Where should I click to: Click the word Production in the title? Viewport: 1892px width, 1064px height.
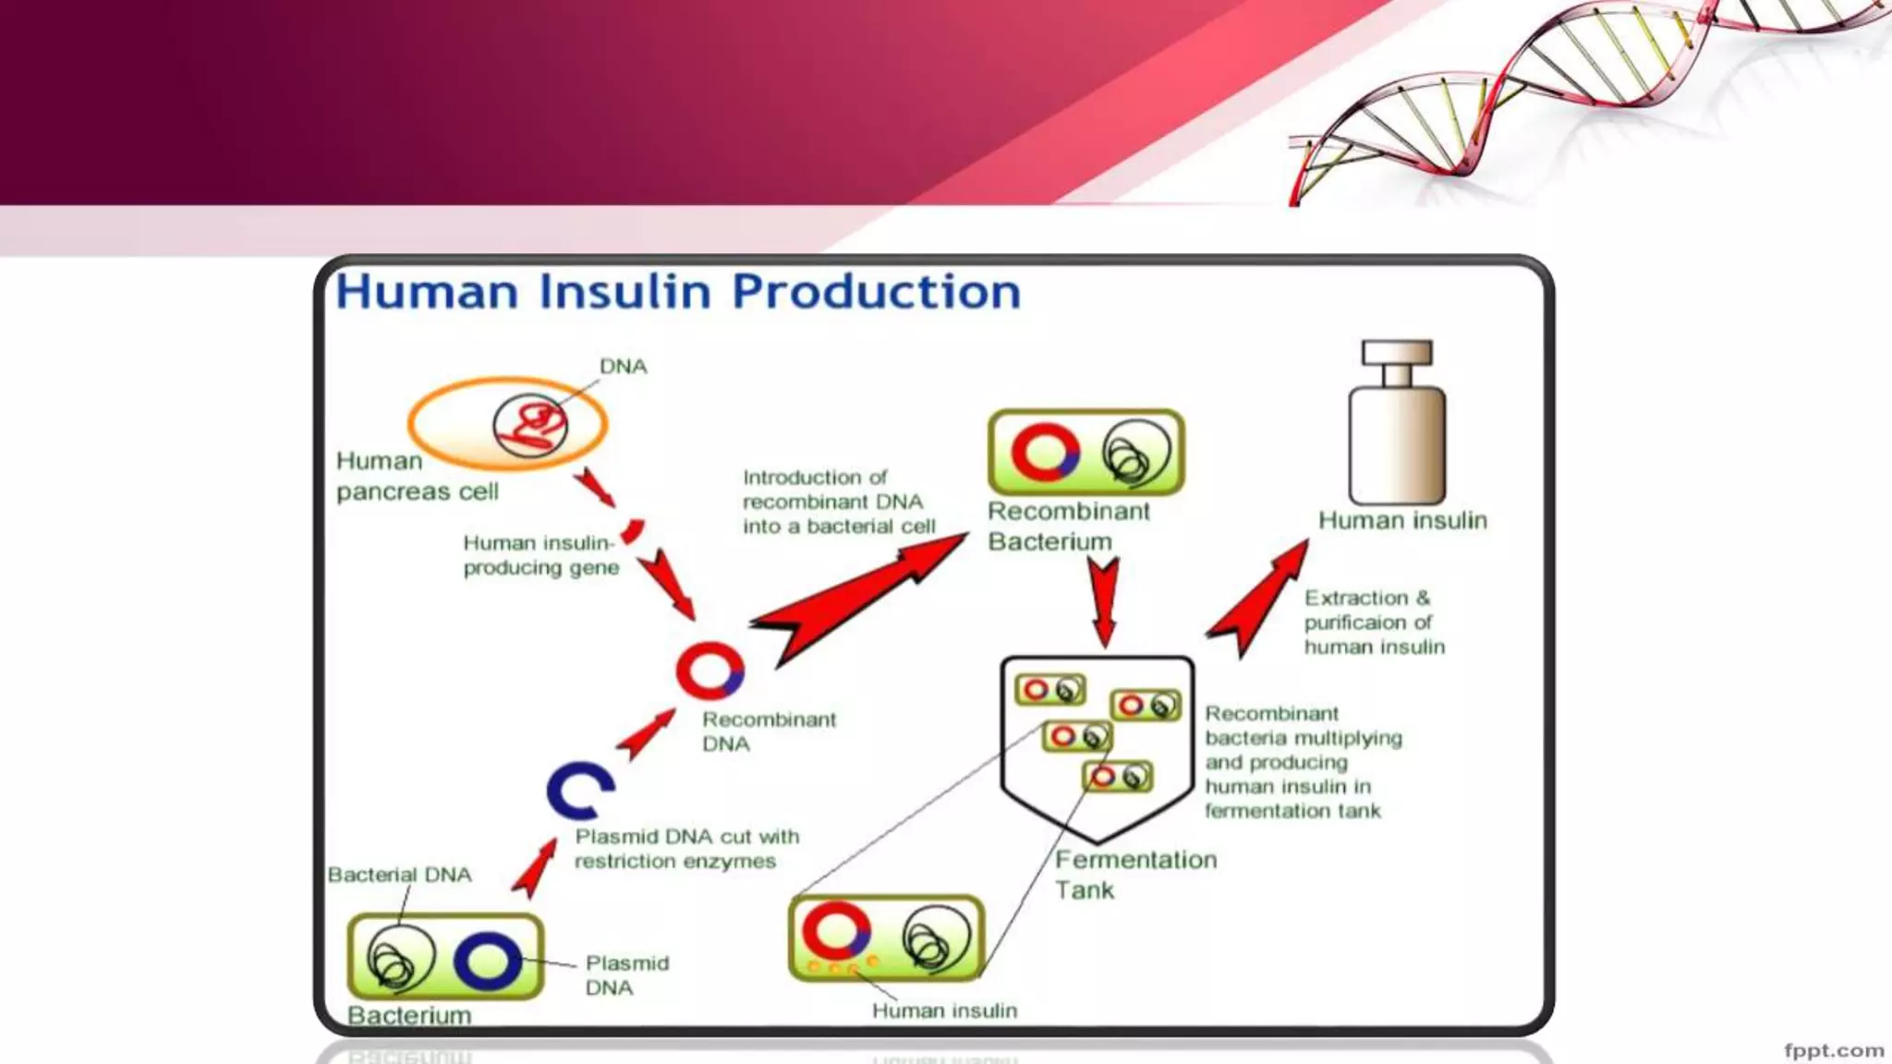[876, 292]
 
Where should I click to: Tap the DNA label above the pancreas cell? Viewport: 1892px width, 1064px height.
[624, 367]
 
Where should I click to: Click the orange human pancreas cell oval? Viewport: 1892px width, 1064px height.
[443, 425]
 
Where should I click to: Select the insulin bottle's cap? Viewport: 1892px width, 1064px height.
[1397, 352]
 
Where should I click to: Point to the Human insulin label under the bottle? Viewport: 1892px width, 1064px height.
[1402, 521]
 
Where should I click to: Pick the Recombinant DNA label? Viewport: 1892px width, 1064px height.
[769, 731]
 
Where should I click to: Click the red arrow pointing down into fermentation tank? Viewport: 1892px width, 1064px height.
[1103, 600]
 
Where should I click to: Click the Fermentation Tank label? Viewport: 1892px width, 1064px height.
[1135, 875]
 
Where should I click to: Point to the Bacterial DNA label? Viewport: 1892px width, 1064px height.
[399, 875]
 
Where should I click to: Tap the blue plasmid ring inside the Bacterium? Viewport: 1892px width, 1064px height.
[487, 961]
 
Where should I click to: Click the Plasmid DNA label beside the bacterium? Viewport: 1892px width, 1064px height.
[626, 975]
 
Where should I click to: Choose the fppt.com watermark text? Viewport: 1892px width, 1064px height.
[1833, 1050]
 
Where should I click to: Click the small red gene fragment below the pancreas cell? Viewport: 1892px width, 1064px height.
[633, 531]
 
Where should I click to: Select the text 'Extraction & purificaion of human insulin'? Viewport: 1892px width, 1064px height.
[1374, 623]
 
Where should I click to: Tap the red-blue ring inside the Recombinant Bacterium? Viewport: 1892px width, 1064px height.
[1046, 453]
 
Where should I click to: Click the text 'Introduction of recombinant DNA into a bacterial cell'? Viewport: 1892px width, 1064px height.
[838, 502]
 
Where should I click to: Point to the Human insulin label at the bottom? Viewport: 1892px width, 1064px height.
[944, 1010]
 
